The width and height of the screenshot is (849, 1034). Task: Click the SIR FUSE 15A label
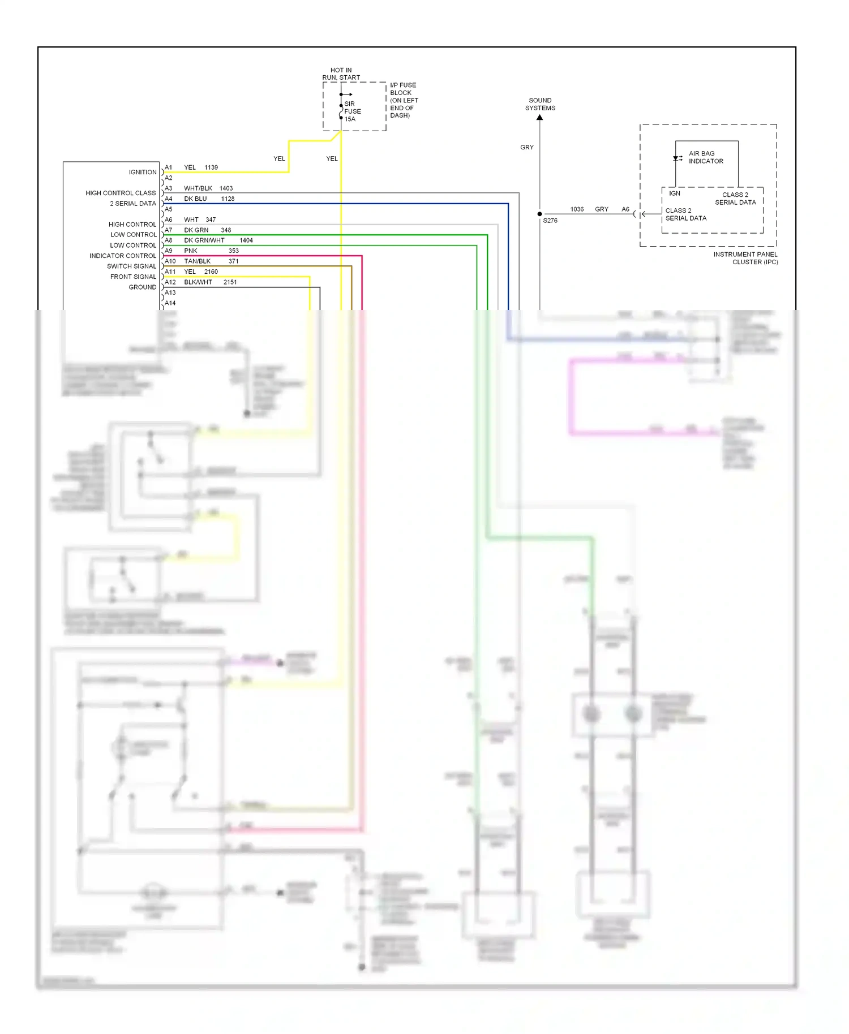(x=352, y=111)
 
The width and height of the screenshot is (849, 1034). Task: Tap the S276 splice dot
(x=539, y=214)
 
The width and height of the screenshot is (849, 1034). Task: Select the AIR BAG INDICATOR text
(x=705, y=157)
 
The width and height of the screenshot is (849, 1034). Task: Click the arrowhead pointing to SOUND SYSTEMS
(x=539, y=118)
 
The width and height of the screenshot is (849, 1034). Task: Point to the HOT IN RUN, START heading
(x=341, y=74)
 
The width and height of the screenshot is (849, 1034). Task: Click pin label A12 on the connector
(x=170, y=282)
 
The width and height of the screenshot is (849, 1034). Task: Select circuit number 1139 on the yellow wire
(x=211, y=167)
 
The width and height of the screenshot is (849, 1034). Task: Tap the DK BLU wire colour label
(x=195, y=199)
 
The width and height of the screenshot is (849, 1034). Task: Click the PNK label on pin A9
(x=190, y=251)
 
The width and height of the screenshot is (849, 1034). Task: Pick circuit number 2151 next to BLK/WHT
(x=230, y=282)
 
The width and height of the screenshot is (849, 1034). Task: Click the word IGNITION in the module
(x=142, y=173)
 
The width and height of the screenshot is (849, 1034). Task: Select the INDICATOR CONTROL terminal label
(x=122, y=256)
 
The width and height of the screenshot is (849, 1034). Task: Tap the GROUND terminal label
(x=142, y=287)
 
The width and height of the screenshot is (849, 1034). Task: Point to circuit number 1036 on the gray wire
(x=576, y=209)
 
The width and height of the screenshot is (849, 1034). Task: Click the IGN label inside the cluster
(x=674, y=193)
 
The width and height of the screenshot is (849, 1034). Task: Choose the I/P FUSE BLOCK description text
(x=404, y=100)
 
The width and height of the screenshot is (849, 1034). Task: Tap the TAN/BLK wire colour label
(x=197, y=261)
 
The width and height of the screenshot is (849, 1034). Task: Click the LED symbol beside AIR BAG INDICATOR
(x=677, y=158)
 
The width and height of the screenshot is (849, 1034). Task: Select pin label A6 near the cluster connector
(x=625, y=209)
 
